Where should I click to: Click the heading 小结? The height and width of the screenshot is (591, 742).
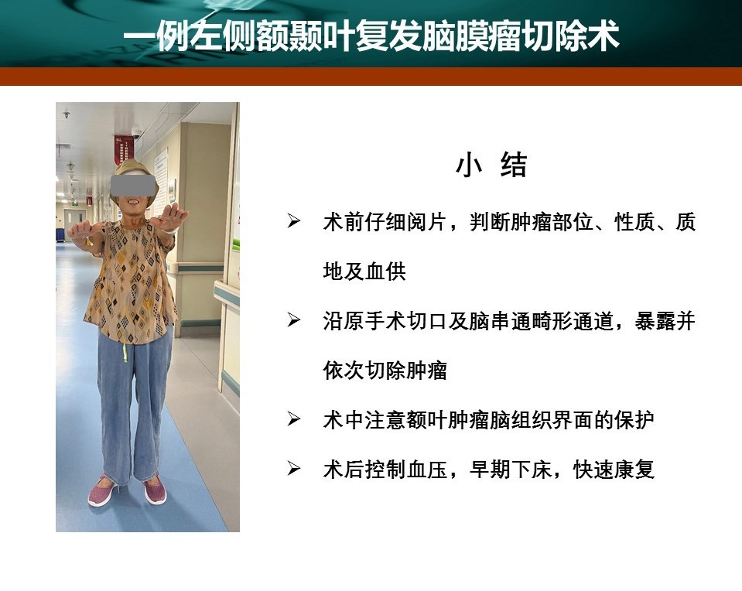click(x=491, y=165)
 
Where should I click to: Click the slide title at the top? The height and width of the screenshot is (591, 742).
click(x=371, y=36)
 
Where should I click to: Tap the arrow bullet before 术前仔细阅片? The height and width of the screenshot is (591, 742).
click(x=294, y=221)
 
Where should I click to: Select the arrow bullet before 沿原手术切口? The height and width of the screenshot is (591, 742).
click(x=294, y=320)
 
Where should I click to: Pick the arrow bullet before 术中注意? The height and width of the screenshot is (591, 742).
click(x=294, y=419)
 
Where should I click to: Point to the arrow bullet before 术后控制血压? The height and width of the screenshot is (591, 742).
click(x=294, y=469)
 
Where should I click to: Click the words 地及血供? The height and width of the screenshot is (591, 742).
click(x=364, y=271)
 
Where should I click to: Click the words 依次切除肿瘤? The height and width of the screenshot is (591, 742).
click(x=385, y=370)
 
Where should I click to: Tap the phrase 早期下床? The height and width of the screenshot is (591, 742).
click(x=511, y=470)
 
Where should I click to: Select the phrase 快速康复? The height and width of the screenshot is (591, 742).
click(x=614, y=470)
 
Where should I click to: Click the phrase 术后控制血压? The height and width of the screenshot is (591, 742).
click(x=385, y=470)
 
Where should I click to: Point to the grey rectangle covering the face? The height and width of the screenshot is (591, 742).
click(x=133, y=185)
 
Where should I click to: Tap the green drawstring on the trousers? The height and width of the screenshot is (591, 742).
click(x=125, y=353)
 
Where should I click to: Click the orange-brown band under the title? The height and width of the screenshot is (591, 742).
click(x=371, y=76)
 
